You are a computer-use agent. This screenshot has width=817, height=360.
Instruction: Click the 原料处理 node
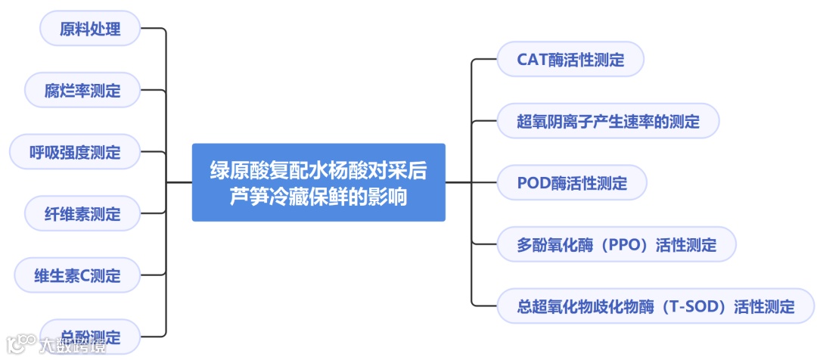pos(90,29)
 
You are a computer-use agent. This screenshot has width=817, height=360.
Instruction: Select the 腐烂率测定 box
pos(82,91)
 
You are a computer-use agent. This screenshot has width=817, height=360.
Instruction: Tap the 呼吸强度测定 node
pos(75,152)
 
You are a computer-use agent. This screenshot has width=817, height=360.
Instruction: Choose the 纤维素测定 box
pos(82,214)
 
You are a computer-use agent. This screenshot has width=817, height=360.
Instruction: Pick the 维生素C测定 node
pos(77,275)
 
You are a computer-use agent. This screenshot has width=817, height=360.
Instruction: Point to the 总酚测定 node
pos(90,337)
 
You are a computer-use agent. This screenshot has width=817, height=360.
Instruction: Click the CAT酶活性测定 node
pos(570,60)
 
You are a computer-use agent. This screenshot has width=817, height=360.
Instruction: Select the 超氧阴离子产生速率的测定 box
pos(607,121)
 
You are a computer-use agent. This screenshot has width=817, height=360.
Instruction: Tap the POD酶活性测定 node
pos(572,183)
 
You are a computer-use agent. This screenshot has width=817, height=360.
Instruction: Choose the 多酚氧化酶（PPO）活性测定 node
pos(617,245)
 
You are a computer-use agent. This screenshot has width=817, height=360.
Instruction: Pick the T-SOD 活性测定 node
pos(655,306)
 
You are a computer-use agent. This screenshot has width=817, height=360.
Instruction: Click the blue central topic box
pos(318,182)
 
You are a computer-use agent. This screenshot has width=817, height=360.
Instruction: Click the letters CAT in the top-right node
pos(533,60)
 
